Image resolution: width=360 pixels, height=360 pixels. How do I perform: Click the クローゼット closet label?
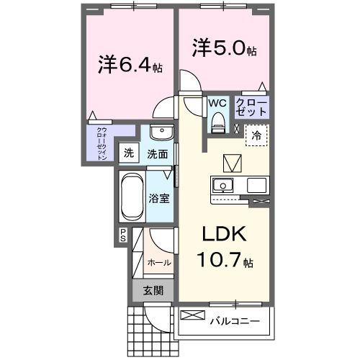click(x=251, y=108)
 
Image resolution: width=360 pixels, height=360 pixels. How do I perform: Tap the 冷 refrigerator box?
click(x=257, y=134)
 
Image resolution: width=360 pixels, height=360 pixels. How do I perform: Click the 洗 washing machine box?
click(x=128, y=153)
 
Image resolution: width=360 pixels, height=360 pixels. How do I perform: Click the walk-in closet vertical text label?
click(x=102, y=143)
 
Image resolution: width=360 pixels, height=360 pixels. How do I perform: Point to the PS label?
click(x=122, y=235)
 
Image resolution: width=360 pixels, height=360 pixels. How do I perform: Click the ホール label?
click(x=158, y=263)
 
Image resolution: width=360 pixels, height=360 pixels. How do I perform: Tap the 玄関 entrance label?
click(x=151, y=291)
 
